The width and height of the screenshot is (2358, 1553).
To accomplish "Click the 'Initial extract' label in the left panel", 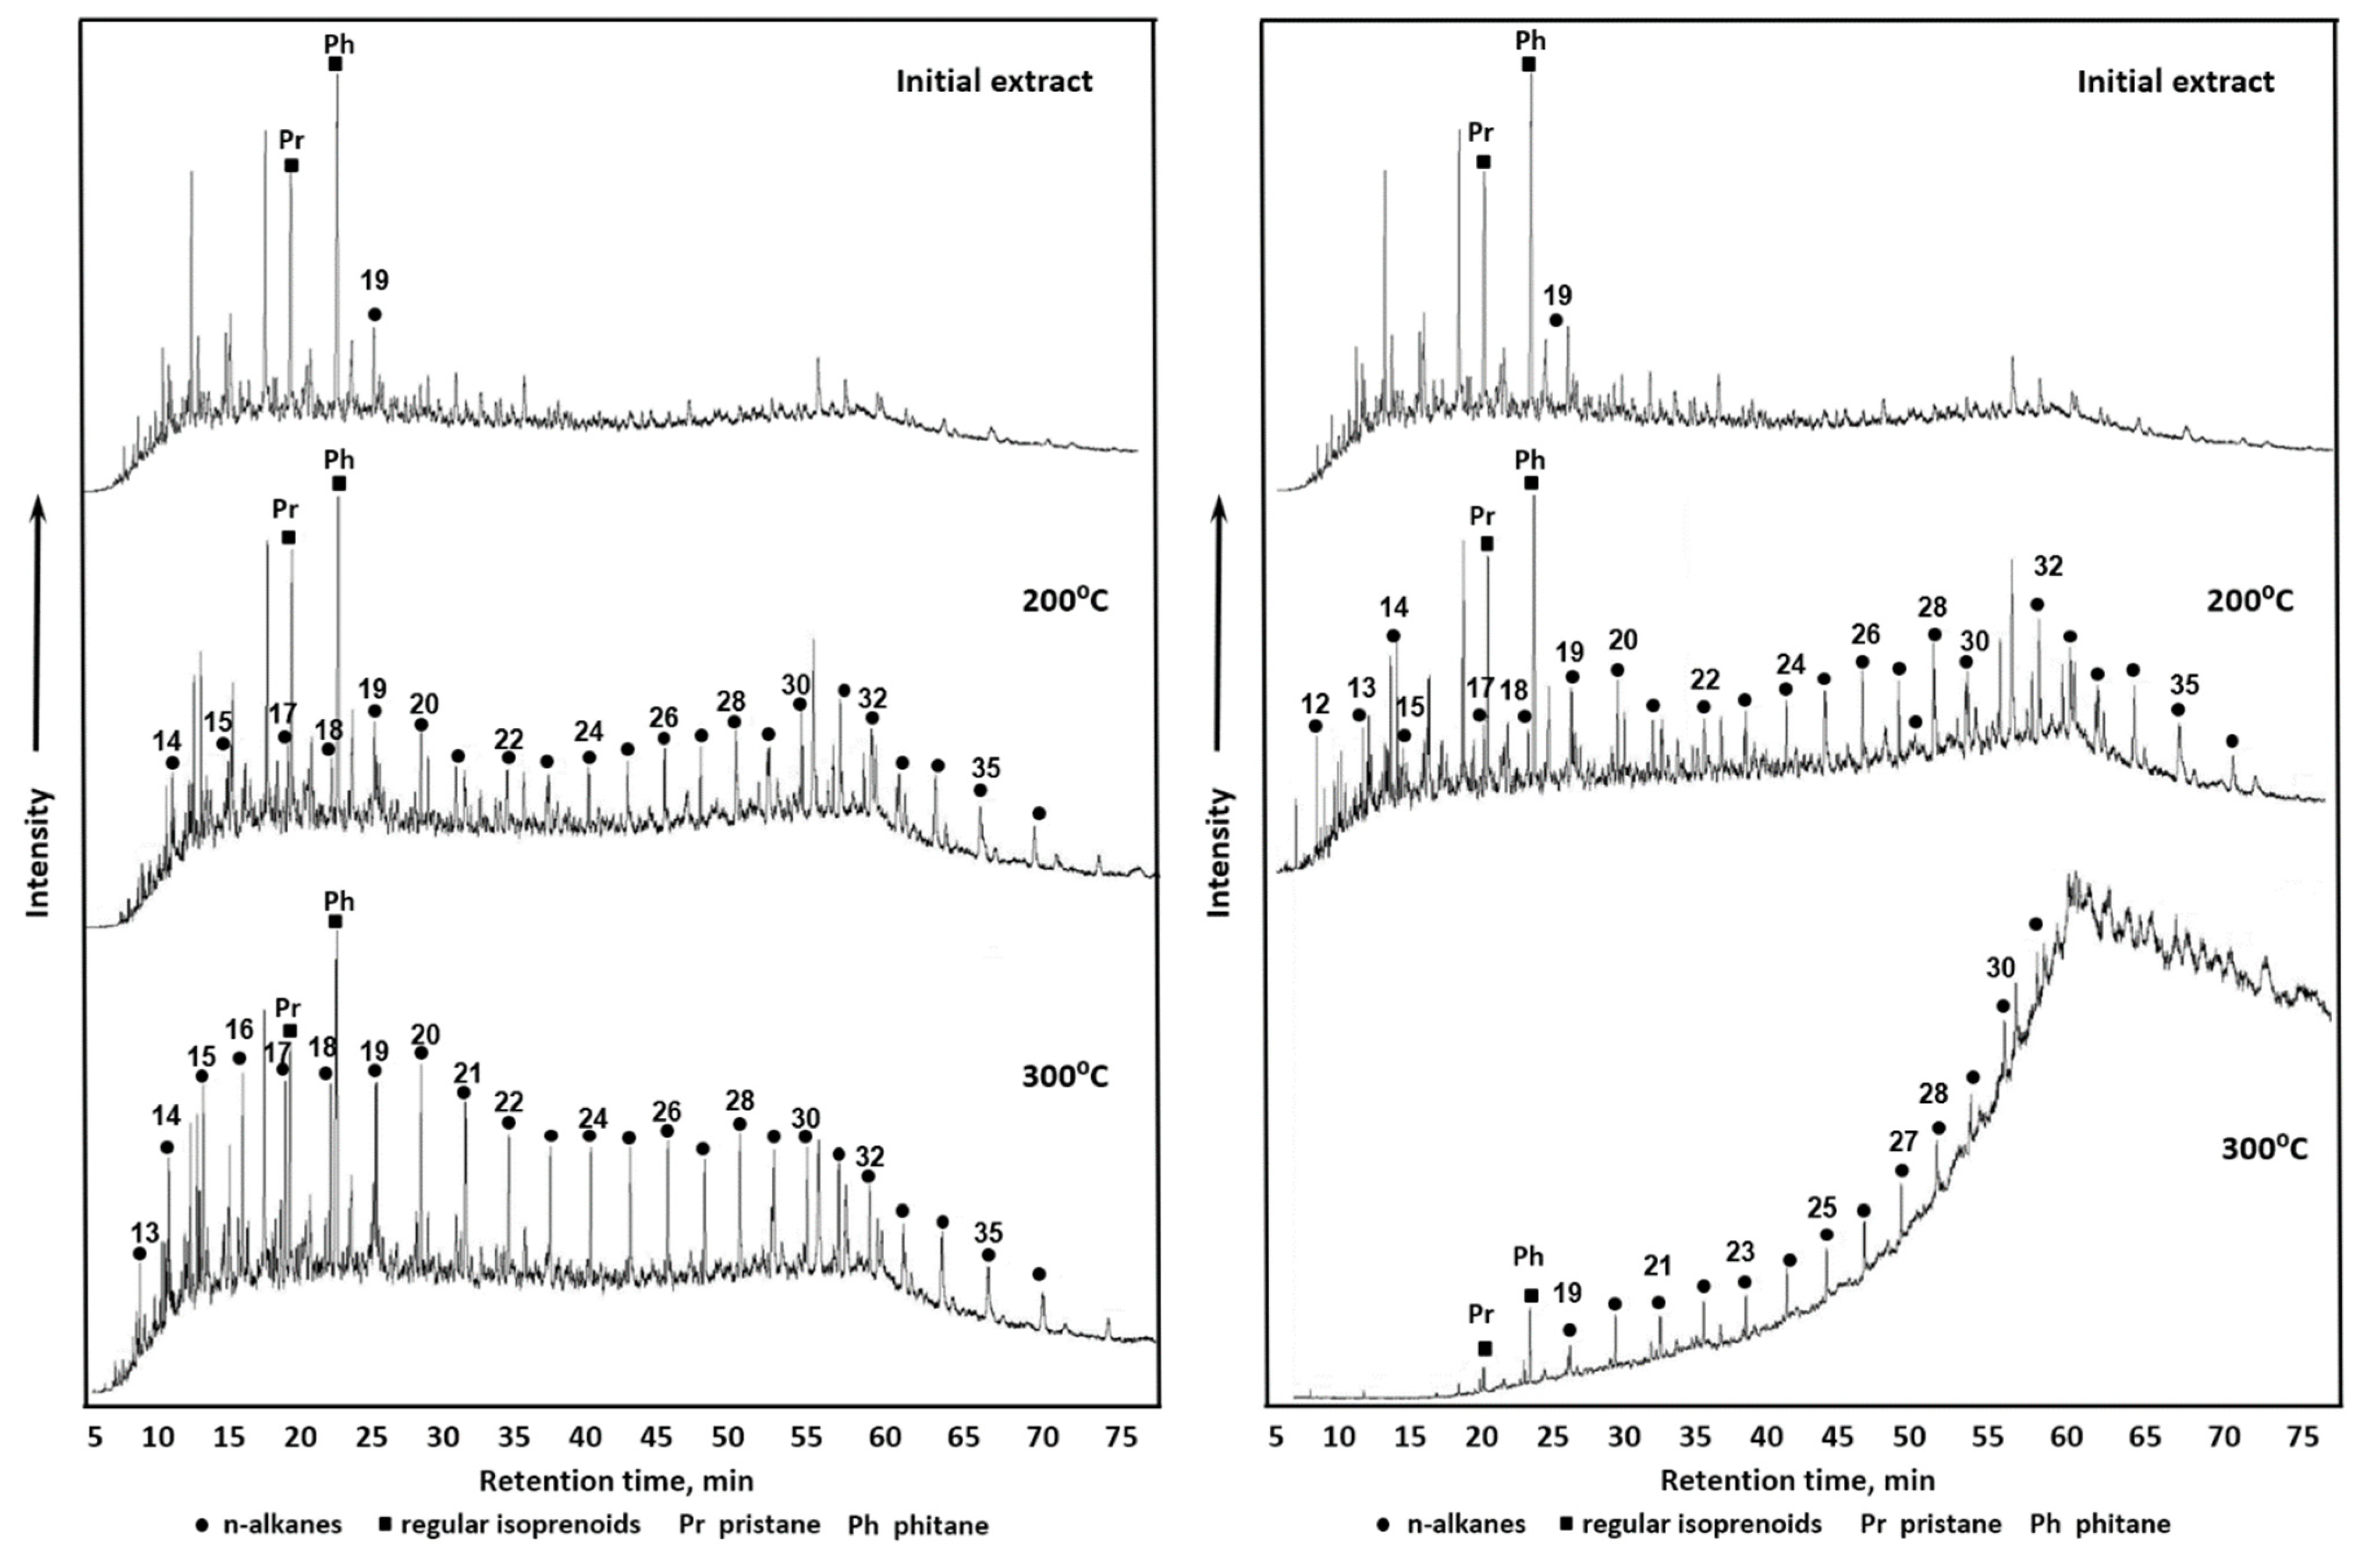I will click(x=994, y=81).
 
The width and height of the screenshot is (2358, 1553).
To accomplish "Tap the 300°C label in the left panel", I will click(x=1065, y=1075).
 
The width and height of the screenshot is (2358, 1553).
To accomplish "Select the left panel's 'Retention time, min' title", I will click(x=616, y=1481).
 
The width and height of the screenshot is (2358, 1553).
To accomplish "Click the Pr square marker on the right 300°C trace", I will click(x=1484, y=1348).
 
